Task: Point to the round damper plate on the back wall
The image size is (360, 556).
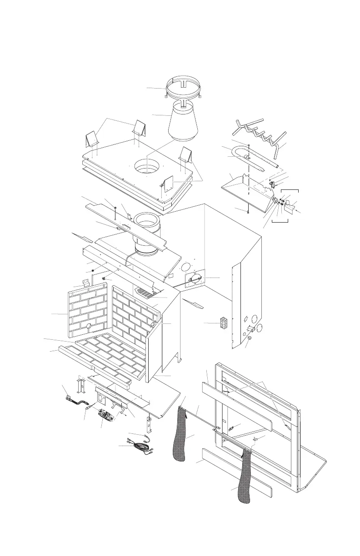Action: (195, 278)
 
